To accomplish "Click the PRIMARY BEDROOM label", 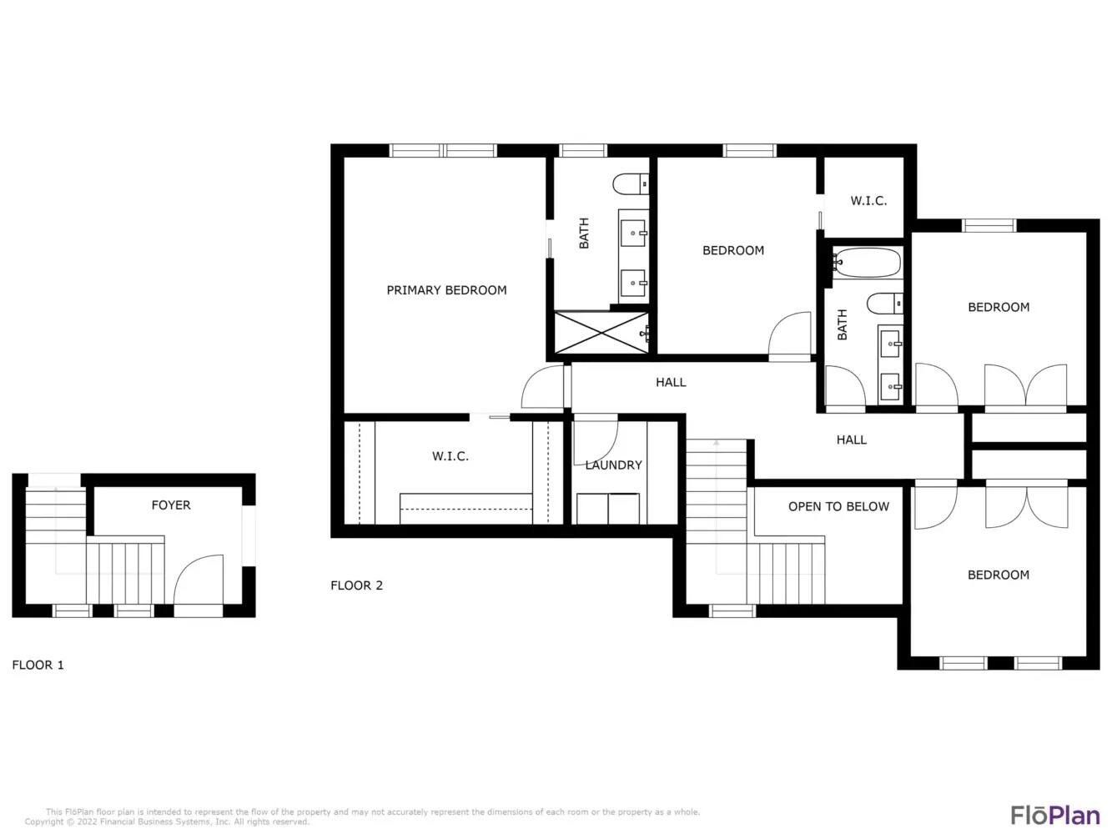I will click(x=446, y=290).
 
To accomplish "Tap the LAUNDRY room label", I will click(x=613, y=465).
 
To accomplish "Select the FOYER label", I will click(x=170, y=505).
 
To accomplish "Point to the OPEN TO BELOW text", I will click(x=838, y=506).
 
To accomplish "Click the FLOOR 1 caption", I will click(x=38, y=665).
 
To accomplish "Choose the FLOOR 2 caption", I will click(x=356, y=585).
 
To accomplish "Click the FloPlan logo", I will click(x=1054, y=814).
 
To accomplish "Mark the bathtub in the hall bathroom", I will click(x=867, y=264).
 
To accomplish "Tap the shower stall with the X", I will click(x=601, y=332).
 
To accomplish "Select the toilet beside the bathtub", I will click(x=884, y=304).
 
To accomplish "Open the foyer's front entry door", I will click(x=199, y=584).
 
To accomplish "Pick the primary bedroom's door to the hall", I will click(x=545, y=388).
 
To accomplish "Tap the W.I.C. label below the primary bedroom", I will click(x=450, y=456).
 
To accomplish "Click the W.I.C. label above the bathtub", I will click(x=868, y=201).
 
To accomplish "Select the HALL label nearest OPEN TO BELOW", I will click(x=851, y=440).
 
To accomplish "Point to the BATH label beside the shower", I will click(x=584, y=233).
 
